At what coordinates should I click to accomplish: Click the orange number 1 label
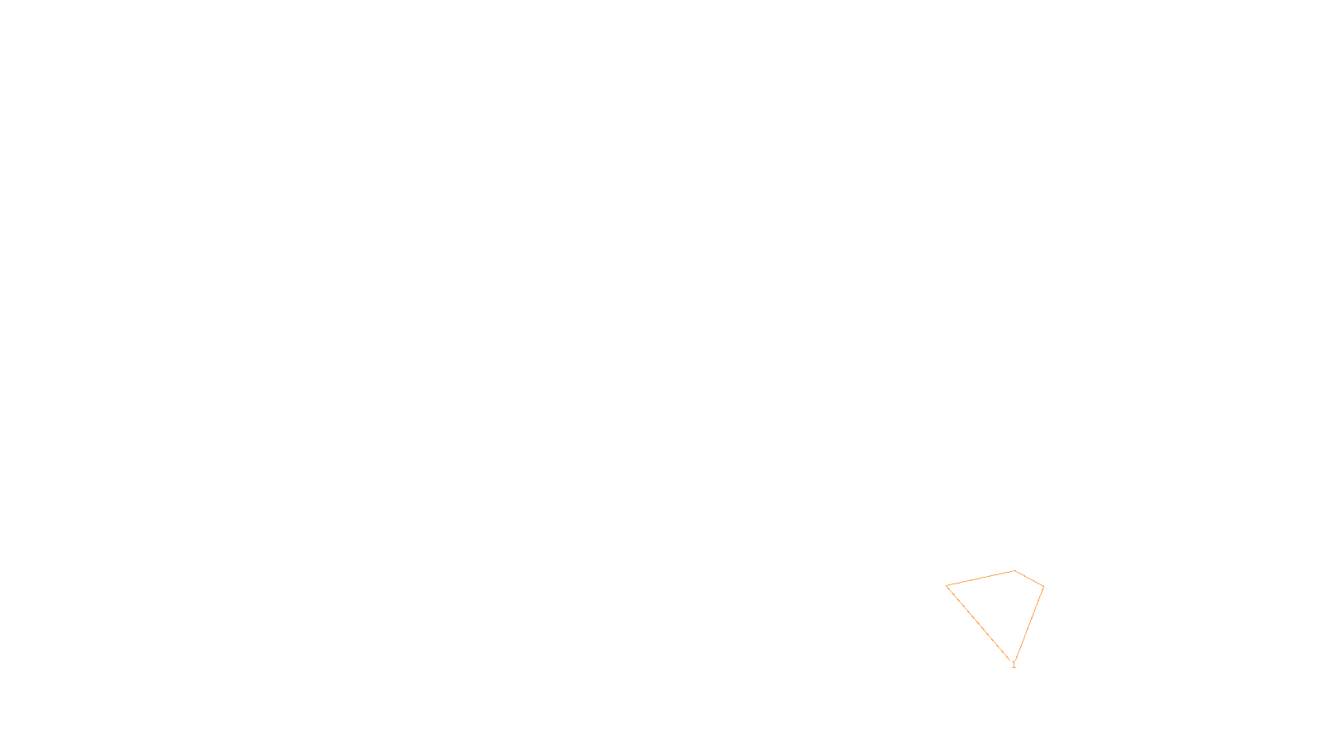click(1014, 665)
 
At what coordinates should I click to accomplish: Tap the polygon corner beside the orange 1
click(1013, 661)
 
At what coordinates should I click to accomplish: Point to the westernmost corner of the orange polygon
click(946, 585)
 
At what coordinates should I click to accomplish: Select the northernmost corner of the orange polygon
click(1014, 570)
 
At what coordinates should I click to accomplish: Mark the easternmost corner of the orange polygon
click(1043, 587)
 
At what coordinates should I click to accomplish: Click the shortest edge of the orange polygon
click(1029, 579)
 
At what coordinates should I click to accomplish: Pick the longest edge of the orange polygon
click(980, 622)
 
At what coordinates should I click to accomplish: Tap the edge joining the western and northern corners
click(980, 578)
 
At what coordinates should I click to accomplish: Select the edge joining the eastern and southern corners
click(1028, 623)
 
